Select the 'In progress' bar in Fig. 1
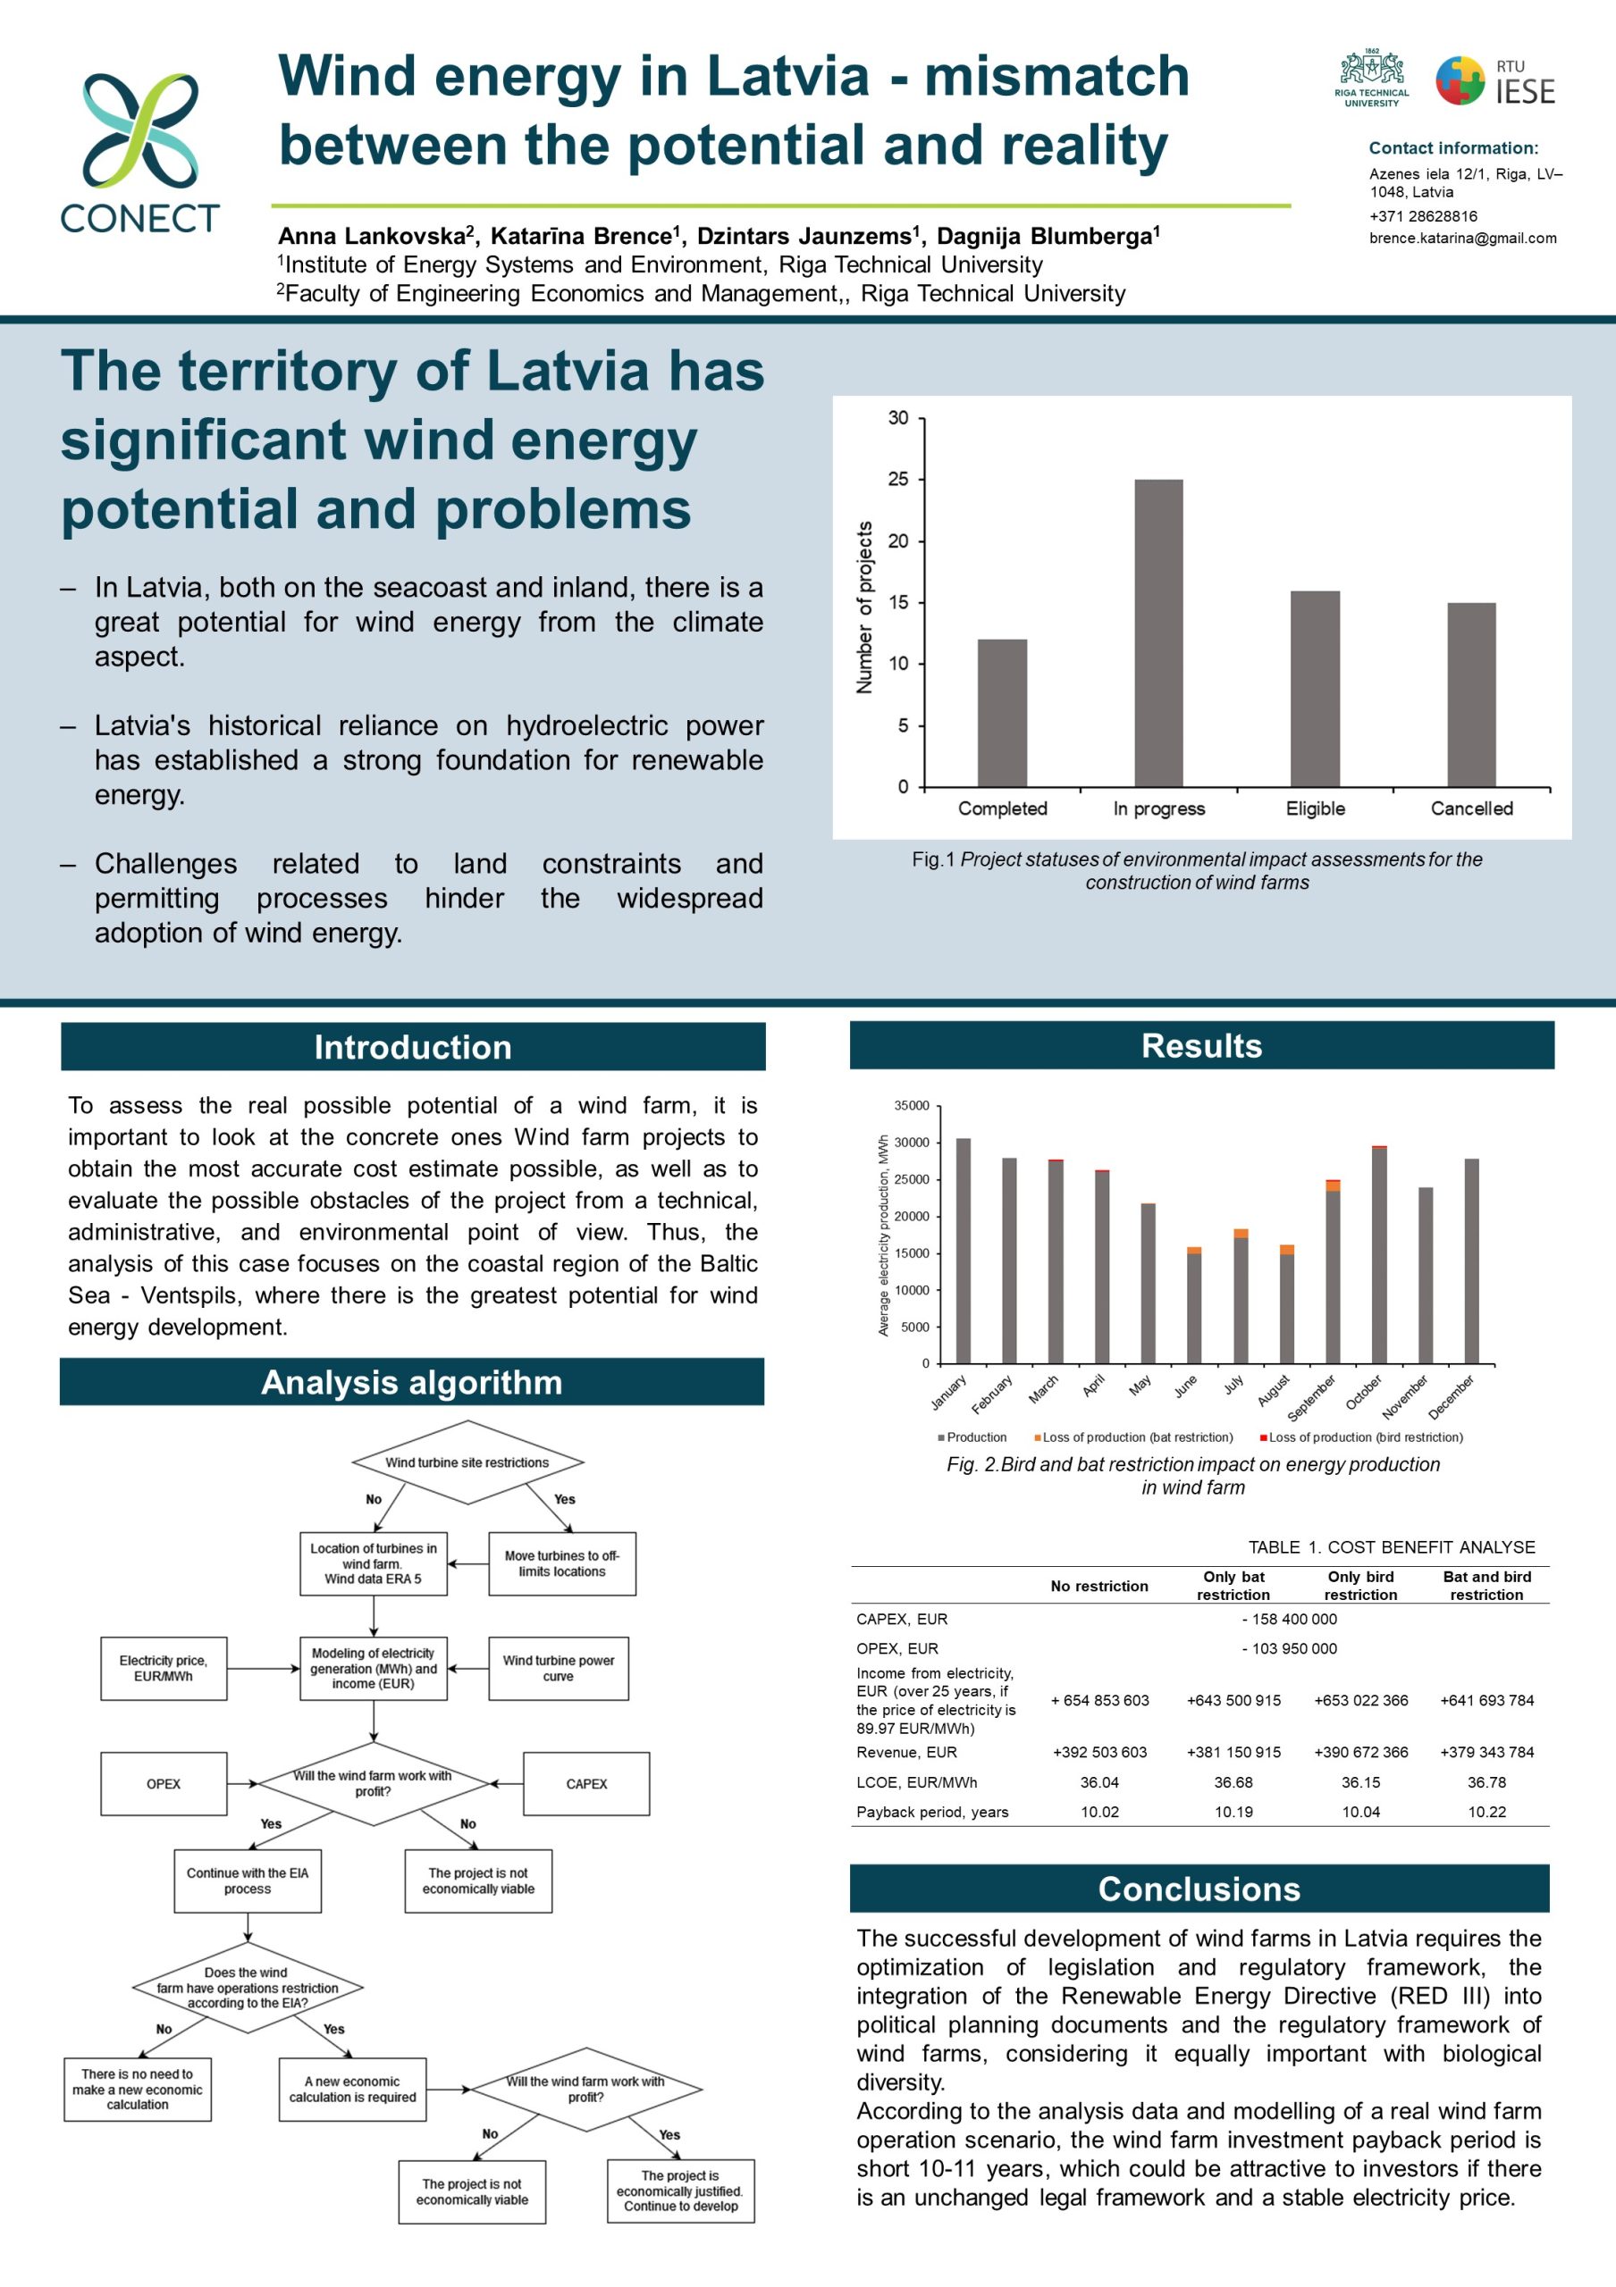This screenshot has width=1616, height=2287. (x=1158, y=632)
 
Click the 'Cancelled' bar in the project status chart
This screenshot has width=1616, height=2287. (x=1471, y=694)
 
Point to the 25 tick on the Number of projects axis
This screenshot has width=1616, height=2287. (x=898, y=479)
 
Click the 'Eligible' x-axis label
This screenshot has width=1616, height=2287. (x=1315, y=808)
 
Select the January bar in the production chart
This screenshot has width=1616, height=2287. (x=964, y=1250)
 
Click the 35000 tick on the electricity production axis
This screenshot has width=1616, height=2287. (x=912, y=1106)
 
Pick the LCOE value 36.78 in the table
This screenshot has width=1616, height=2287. (x=1486, y=1782)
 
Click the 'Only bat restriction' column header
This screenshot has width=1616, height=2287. (x=1233, y=1586)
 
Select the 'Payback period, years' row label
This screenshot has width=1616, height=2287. (x=932, y=1812)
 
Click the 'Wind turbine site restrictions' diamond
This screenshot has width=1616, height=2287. (x=467, y=1462)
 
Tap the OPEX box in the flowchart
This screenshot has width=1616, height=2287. (x=164, y=1784)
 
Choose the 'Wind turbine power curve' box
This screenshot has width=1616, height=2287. (x=558, y=1669)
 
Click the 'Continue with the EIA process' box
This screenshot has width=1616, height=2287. (x=247, y=1881)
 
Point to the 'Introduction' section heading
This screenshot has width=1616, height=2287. (x=412, y=1047)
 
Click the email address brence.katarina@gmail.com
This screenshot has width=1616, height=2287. (x=1462, y=238)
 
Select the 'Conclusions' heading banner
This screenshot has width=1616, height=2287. (x=1199, y=1889)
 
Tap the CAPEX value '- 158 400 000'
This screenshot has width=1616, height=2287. (x=1289, y=1619)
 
